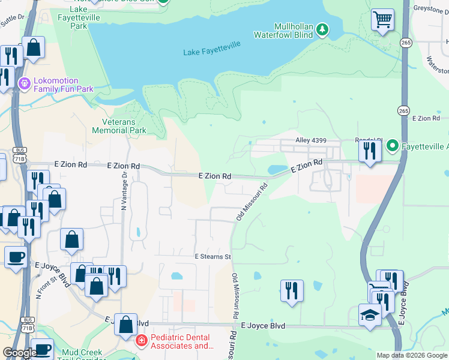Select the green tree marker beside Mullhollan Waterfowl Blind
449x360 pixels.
click(x=322, y=29)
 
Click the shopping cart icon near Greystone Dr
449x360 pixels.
click(x=382, y=19)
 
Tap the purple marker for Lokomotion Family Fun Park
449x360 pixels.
click(x=24, y=82)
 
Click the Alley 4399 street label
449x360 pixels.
click(x=311, y=140)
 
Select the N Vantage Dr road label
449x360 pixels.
click(x=124, y=191)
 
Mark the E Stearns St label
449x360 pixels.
click(x=212, y=256)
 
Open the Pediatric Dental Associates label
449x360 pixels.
click(x=182, y=342)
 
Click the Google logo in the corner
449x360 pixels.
click(x=19, y=353)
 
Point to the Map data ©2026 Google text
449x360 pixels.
click(x=412, y=355)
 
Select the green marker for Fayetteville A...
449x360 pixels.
click(x=392, y=145)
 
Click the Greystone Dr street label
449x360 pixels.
click(x=431, y=9)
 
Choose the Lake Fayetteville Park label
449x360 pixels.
click(x=78, y=18)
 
